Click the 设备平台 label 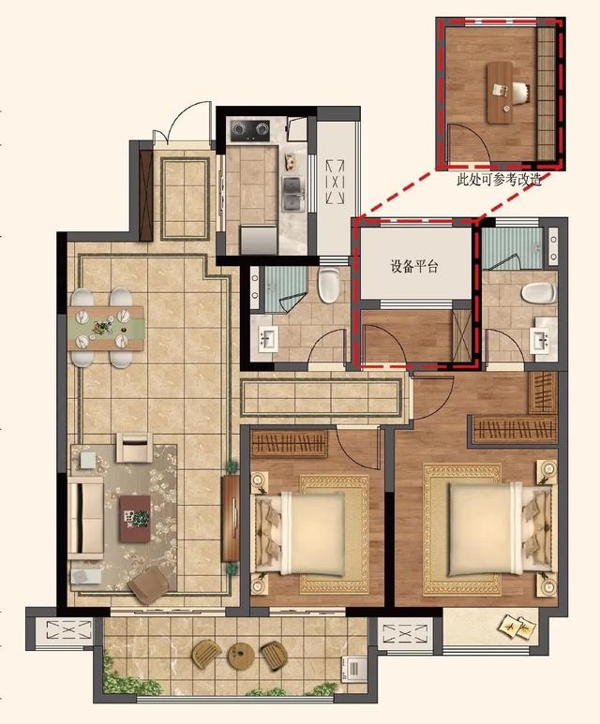click(x=414, y=267)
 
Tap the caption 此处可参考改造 click(x=499, y=180)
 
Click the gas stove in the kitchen click(x=250, y=130)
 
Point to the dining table click(x=106, y=329)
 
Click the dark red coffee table click(x=135, y=519)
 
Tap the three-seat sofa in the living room click(x=85, y=518)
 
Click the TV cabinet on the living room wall click(x=231, y=519)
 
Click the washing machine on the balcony click(x=354, y=669)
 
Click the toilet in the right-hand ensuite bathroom click(x=539, y=293)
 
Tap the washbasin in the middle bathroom click(x=267, y=339)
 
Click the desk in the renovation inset click(x=500, y=93)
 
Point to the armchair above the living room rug click(x=134, y=447)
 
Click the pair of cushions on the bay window click(x=514, y=626)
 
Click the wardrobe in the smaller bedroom click(x=290, y=444)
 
